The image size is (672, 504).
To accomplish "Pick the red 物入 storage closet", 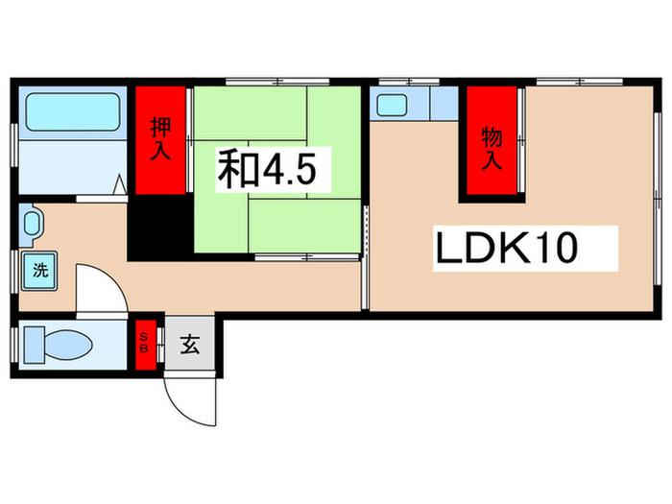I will [492, 144].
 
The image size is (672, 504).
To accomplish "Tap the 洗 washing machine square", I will [40, 270].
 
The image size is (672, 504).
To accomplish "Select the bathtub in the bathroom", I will [71, 112].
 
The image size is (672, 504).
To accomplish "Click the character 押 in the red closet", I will [161, 128].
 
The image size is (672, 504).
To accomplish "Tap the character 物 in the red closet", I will [492, 132].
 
